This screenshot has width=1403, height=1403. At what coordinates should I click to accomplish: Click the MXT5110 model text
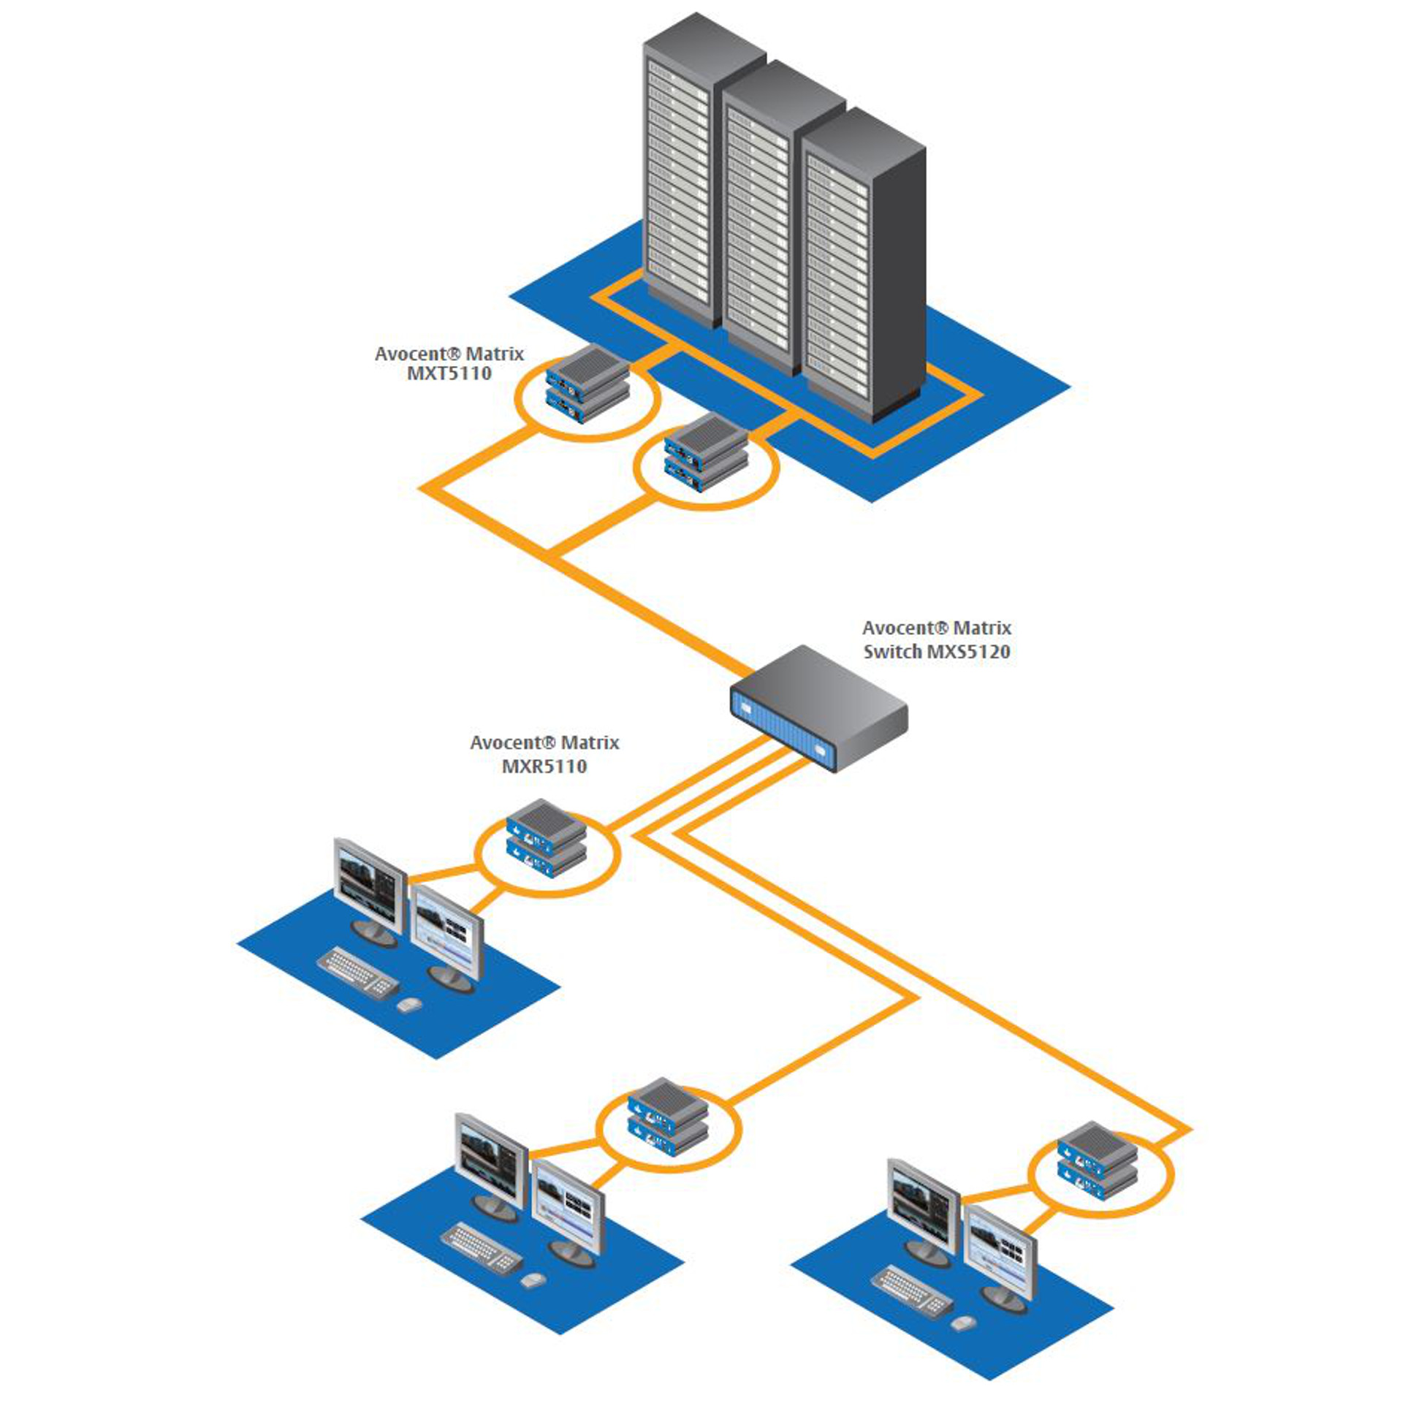(449, 374)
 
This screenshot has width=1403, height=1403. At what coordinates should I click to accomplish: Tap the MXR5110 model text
(544, 766)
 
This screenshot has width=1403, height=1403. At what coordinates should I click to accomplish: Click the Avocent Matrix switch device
(818, 706)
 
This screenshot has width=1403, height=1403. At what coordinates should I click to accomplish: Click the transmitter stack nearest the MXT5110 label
(587, 384)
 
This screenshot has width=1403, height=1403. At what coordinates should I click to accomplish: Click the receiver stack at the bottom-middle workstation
(668, 1116)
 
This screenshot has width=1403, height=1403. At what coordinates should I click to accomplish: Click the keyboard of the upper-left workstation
(358, 972)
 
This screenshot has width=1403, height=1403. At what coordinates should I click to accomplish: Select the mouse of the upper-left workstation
(408, 1005)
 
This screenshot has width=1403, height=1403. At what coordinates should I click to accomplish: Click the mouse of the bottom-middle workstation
(532, 1280)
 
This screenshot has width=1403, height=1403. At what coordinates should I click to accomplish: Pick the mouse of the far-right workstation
(963, 1323)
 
